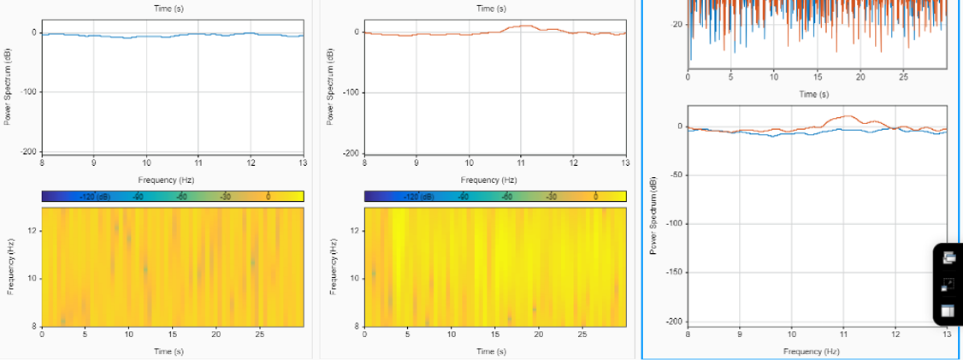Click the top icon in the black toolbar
click(x=948, y=257)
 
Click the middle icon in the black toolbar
click(x=948, y=285)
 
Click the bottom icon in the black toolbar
click(x=948, y=311)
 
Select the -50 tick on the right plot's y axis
click(x=676, y=175)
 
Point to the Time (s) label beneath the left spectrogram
click(x=162, y=351)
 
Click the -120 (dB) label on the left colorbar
click(x=95, y=197)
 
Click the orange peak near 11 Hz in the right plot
click(x=846, y=116)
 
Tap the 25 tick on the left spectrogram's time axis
click(x=260, y=333)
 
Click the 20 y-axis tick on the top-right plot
click(x=677, y=25)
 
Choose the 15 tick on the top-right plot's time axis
click(x=817, y=78)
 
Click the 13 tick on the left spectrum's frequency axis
click(x=302, y=162)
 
